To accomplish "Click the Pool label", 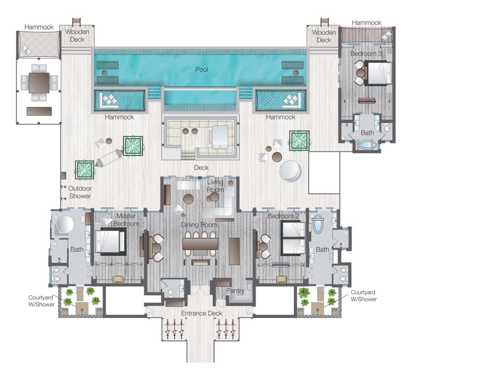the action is (x=201, y=70).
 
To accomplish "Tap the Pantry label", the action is (x=235, y=291).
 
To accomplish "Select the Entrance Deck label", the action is (x=201, y=313).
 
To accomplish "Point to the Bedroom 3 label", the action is (x=366, y=54).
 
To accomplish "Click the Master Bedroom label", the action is (x=126, y=220).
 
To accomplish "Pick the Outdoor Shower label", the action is (x=80, y=192).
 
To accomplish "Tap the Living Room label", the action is (x=215, y=186).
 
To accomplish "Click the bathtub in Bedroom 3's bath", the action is (x=367, y=144).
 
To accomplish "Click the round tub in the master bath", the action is (x=65, y=224).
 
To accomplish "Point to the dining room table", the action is (x=200, y=244).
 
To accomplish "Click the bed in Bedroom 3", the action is (x=378, y=73).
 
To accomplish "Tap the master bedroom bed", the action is (x=110, y=241).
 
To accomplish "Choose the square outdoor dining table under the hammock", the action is (x=39, y=83).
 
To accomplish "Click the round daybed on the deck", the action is (x=290, y=171).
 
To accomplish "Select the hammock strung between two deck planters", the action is (x=109, y=158).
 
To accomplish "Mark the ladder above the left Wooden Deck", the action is (x=76, y=22).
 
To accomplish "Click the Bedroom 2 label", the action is (x=283, y=216).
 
